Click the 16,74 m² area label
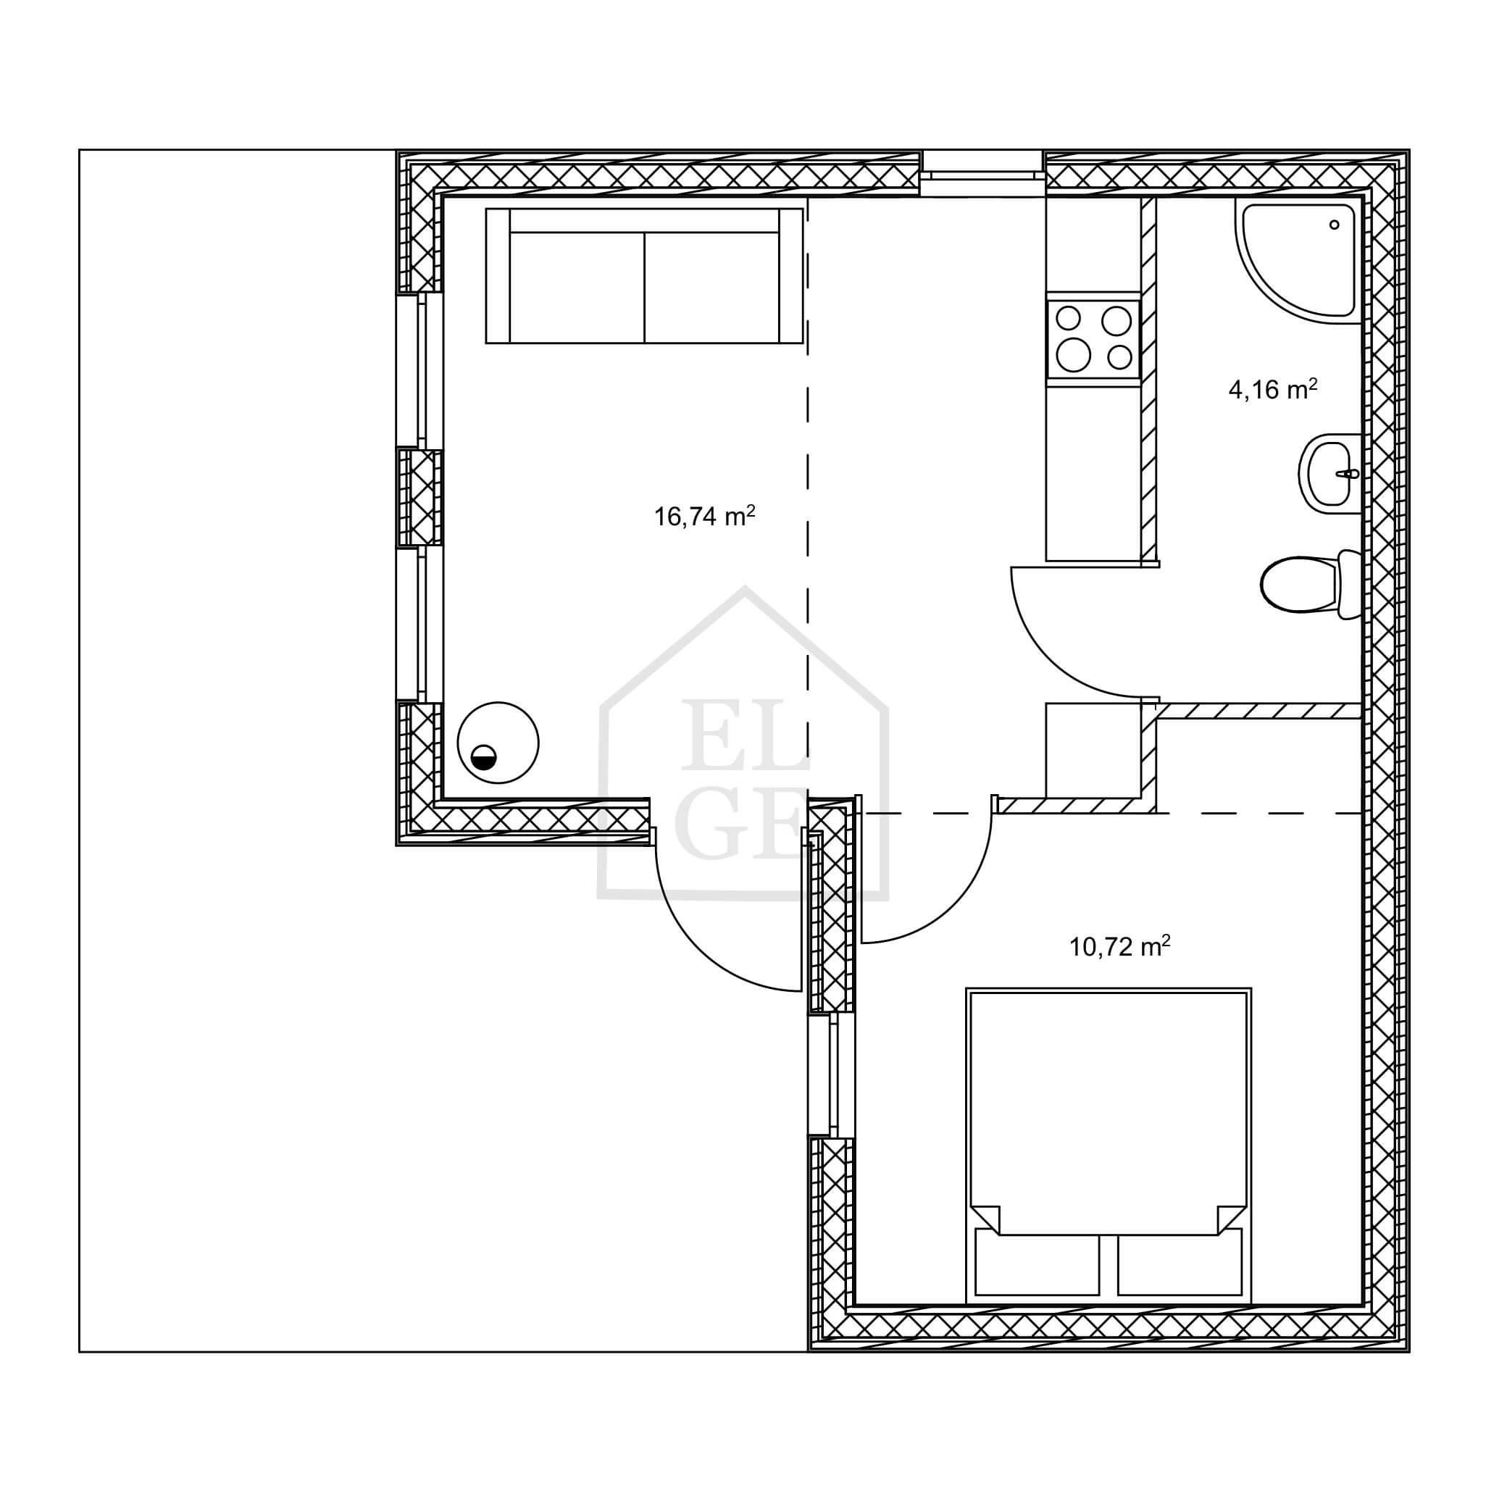[704, 515]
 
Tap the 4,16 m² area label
[1273, 389]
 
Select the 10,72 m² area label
[1120, 946]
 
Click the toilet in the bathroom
[1312, 584]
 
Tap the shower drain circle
[1335, 225]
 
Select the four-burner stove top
[1092, 338]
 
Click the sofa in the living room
[645, 275]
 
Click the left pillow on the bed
[1037, 1272]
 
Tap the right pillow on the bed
[1180, 1272]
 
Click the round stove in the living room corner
[498, 743]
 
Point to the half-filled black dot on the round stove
[484, 758]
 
